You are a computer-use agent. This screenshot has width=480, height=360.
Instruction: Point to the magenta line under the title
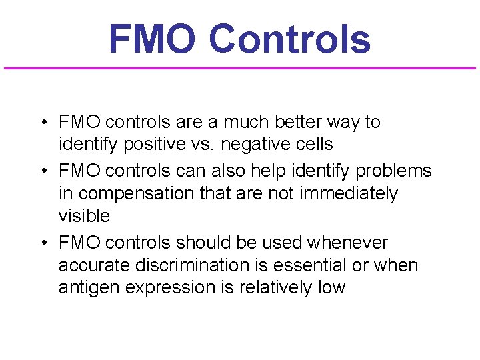point(240,68)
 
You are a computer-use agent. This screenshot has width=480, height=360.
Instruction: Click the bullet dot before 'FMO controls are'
point(42,123)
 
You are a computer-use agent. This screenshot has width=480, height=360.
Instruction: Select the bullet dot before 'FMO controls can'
point(42,171)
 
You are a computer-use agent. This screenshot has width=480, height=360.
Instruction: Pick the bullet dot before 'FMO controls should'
point(42,243)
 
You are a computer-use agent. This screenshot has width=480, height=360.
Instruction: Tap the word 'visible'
point(84,216)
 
